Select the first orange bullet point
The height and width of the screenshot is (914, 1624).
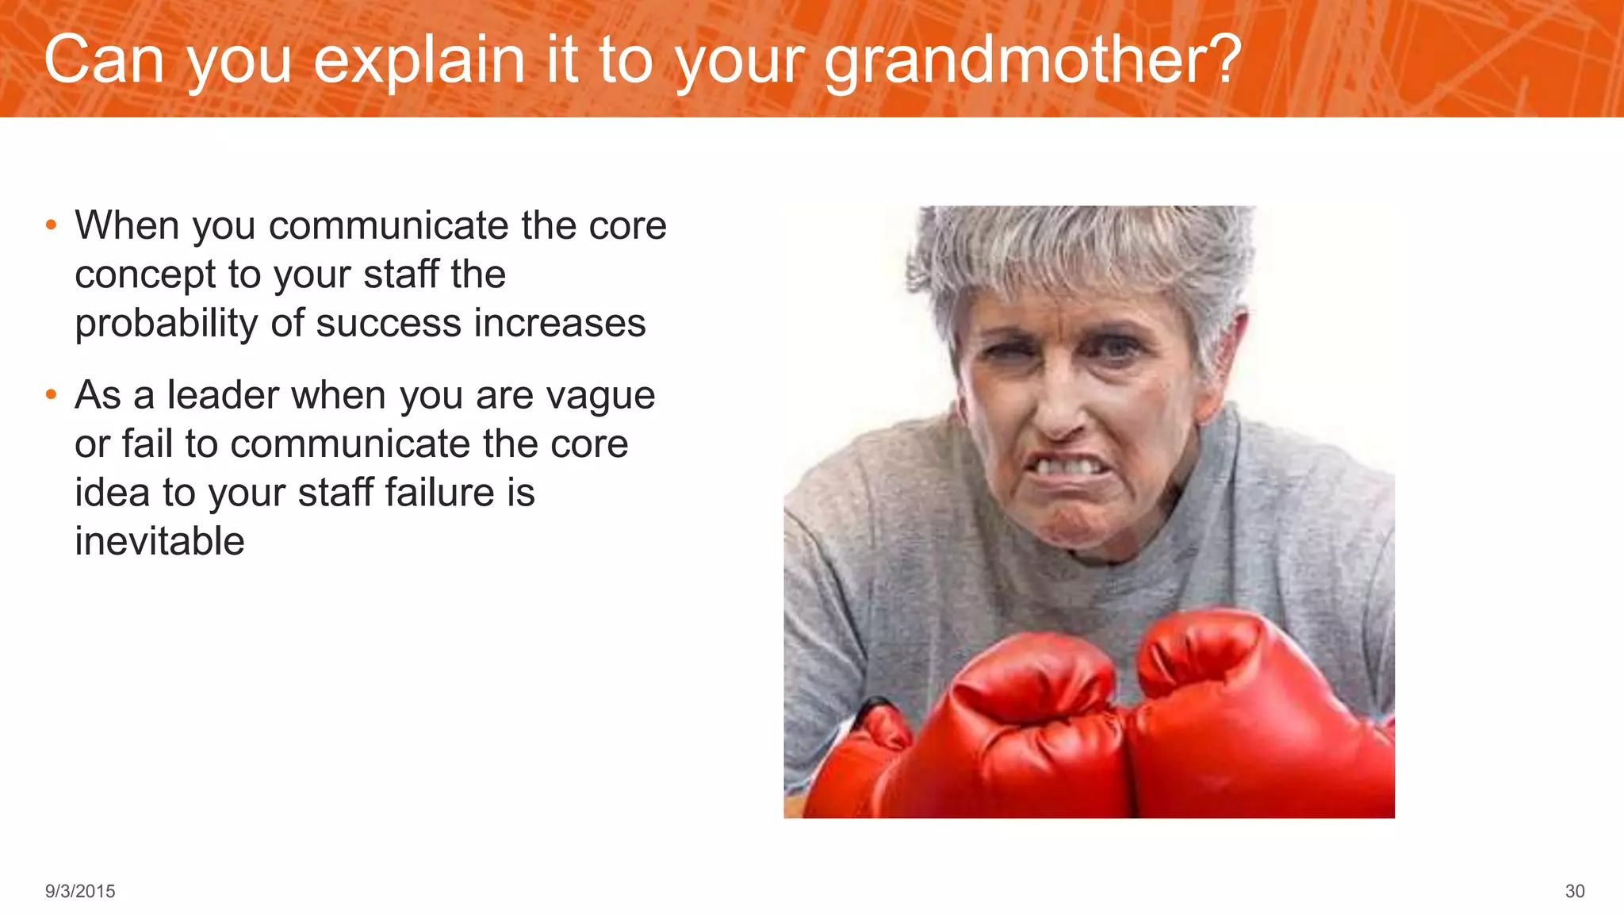(51, 225)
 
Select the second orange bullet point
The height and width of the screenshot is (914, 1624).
(51, 394)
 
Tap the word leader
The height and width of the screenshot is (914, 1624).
(223, 395)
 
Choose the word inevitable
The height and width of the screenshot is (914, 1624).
(159, 542)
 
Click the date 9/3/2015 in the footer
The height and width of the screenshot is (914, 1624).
(80, 891)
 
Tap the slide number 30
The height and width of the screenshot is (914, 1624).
(1574, 891)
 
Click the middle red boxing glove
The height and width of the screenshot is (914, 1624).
(1023, 730)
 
